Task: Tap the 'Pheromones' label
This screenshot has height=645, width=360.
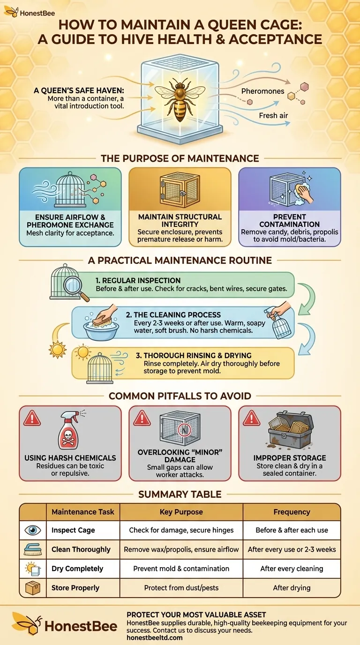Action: point(262,91)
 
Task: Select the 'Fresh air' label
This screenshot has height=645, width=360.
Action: point(273,115)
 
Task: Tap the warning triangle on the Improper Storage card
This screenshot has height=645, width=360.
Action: point(251,418)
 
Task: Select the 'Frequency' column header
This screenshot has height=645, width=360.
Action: point(292,512)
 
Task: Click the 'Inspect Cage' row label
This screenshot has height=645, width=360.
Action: point(73,530)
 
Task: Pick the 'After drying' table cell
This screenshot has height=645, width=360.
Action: point(292,588)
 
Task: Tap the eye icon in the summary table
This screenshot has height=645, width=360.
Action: point(33,530)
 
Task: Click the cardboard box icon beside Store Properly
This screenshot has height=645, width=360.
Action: point(33,588)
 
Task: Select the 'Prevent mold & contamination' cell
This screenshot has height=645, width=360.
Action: point(181,569)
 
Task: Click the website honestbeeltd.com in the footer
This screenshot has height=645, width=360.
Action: point(154,637)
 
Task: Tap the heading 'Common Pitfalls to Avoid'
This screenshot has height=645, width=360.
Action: point(180,396)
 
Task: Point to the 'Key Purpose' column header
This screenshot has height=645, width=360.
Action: point(181,512)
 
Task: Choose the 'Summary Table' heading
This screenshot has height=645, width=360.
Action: point(180,494)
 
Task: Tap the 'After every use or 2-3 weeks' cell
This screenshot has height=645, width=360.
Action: point(292,549)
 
